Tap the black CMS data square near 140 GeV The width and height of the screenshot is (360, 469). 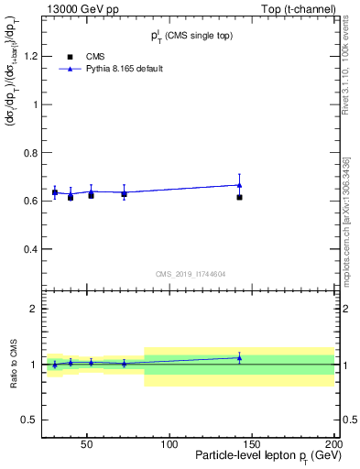[239, 197]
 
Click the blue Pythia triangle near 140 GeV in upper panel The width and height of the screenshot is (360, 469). [239, 184]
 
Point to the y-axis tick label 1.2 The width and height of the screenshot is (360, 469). [28, 56]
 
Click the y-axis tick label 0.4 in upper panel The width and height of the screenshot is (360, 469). [28, 249]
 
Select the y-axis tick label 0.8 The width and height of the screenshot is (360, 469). [28, 153]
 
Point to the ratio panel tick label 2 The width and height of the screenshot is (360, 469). [33, 309]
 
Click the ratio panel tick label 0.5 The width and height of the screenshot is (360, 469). [28, 420]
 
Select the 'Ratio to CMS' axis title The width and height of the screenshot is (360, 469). [12, 365]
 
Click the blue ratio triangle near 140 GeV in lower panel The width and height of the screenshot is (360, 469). [239, 357]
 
